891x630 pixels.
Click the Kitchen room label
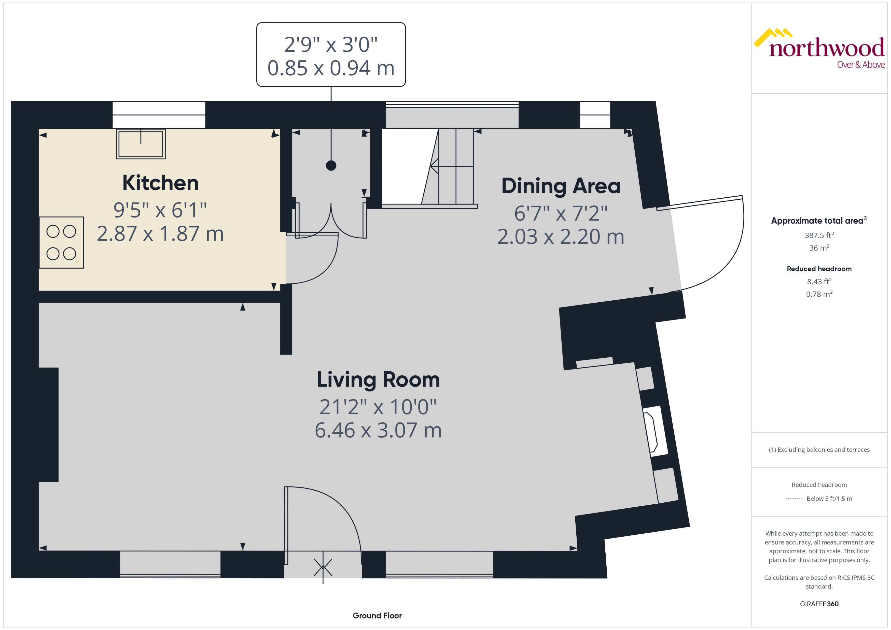pyautogui.click(x=160, y=183)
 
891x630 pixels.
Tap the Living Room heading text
pyautogui.click(x=378, y=380)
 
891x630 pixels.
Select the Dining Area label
pyautogui.click(x=561, y=186)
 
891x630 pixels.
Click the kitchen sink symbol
pyautogui.click(x=141, y=144)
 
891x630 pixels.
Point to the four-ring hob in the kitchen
pyautogui.click(x=61, y=242)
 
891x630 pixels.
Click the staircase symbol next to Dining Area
pyautogui.click(x=450, y=167)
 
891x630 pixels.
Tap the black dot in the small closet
pyautogui.click(x=331, y=166)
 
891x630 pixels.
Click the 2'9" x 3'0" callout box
pyautogui.click(x=331, y=55)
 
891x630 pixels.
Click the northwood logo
pyautogui.click(x=819, y=49)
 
